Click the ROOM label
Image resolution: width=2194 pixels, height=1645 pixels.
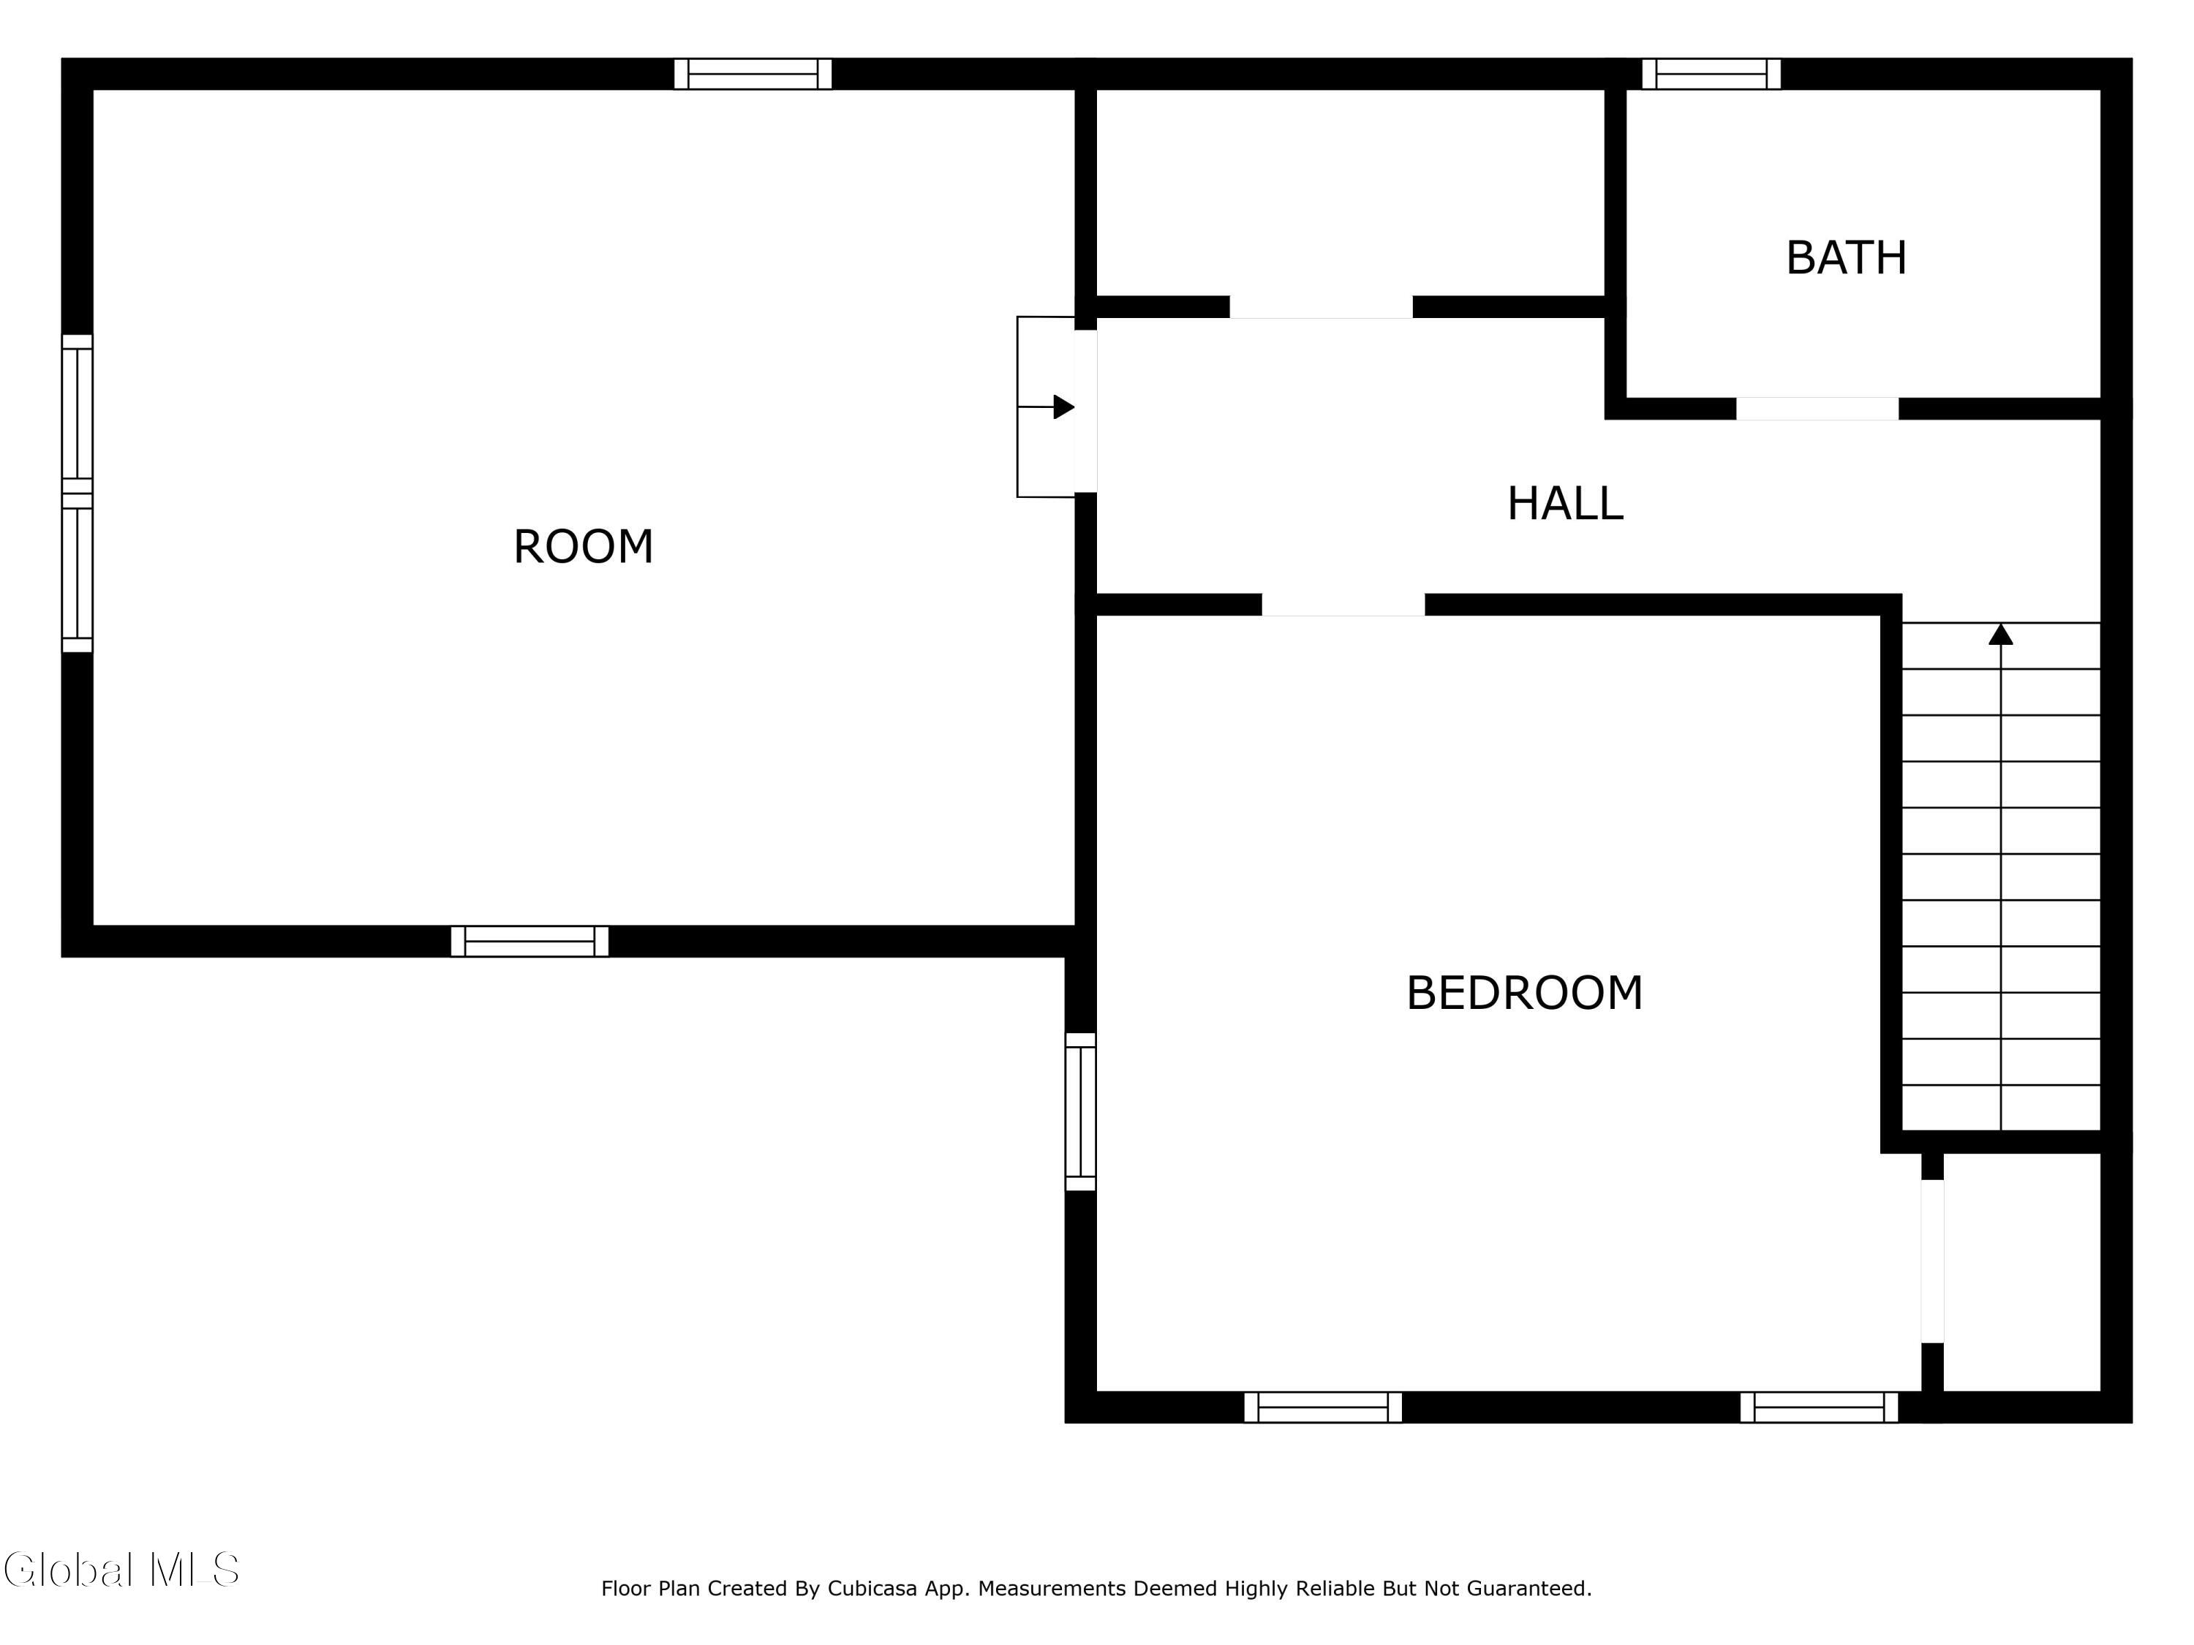tap(583, 546)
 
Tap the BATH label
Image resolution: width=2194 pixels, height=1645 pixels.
tap(1846, 258)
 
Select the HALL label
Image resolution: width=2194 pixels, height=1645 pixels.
tap(1564, 504)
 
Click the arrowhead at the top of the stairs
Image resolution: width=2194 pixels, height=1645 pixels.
tap(2001, 635)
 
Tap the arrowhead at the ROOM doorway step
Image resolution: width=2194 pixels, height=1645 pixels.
tap(1063, 406)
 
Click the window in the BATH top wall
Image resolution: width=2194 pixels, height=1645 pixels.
tap(1711, 73)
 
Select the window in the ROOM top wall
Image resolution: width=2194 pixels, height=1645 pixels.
tap(753, 73)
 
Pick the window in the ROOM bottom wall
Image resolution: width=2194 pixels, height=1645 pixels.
tap(529, 941)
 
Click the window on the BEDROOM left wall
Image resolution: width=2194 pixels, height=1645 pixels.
tap(1080, 1111)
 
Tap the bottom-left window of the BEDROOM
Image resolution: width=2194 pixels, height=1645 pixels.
tap(1322, 1407)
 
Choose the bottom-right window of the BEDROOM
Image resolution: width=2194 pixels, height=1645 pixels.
tap(1818, 1407)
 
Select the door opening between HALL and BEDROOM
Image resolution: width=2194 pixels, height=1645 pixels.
tap(1343, 604)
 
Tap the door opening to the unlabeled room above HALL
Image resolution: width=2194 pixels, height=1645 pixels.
tap(1322, 306)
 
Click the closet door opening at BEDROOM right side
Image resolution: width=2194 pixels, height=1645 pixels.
tap(1932, 1260)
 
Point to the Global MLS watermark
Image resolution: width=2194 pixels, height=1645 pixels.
tap(121, 1570)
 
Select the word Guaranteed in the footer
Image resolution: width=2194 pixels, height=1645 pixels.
tap(1528, 1589)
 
